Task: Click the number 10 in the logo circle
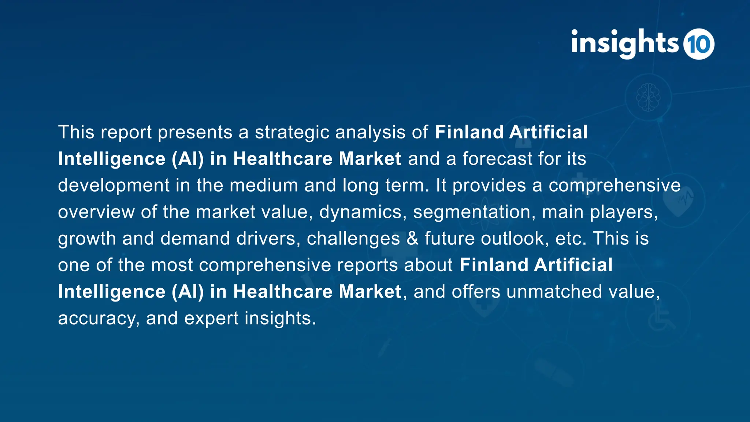coord(699,44)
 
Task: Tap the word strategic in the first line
coord(292,132)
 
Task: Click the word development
coord(114,185)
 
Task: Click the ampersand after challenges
coord(412,238)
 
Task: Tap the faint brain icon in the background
coord(648,97)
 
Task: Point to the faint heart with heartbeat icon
coord(679,200)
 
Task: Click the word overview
coord(96,212)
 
